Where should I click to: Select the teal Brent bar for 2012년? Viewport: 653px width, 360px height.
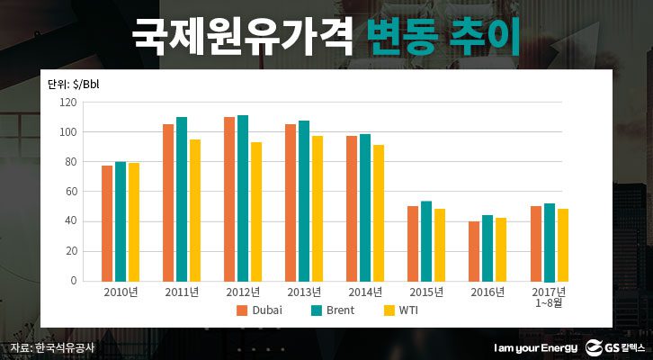[x=242, y=198]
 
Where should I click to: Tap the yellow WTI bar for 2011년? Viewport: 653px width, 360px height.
[x=194, y=210]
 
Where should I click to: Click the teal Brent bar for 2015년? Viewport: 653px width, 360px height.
[x=426, y=241]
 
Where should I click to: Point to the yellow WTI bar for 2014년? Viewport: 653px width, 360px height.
[x=378, y=212]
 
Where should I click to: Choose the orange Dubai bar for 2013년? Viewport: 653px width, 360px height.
[x=291, y=202]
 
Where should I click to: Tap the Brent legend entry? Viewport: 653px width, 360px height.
[x=333, y=310]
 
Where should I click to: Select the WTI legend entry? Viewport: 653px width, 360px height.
[x=399, y=310]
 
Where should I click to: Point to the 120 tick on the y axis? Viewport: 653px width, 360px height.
[x=67, y=103]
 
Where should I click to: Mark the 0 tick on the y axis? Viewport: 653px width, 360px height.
[x=73, y=281]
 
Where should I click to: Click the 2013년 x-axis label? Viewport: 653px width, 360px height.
[x=303, y=292]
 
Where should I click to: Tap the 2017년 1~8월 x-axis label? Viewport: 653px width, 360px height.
[x=549, y=298]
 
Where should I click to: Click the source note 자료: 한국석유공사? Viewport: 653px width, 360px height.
[x=52, y=347]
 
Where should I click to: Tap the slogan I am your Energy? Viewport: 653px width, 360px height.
[x=535, y=347]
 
